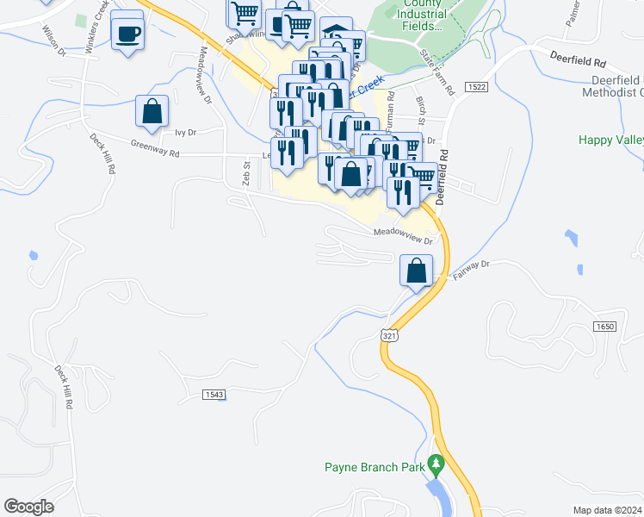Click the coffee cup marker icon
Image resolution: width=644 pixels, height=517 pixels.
[x=128, y=34]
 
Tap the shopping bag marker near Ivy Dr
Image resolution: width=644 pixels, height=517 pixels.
[x=152, y=111]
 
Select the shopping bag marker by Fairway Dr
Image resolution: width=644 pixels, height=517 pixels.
[x=416, y=271]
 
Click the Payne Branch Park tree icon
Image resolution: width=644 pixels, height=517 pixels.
[x=436, y=466]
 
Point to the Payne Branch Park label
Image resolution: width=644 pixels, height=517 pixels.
[x=375, y=468]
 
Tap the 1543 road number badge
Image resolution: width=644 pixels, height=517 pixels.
[x=214, y=394]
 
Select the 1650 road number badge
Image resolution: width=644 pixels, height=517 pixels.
[x=604, y=327]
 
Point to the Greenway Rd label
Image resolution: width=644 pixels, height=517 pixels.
[x=155, y=147]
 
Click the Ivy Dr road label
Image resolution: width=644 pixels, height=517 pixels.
[x=186, y=133]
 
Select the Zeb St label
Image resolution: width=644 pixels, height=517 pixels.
[x=246, y=171]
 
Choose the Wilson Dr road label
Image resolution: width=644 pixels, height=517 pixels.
[x=53, y=39]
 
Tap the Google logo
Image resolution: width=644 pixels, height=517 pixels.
[x=29, y=507]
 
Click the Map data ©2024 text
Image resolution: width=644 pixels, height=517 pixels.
[x=607, y=509]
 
